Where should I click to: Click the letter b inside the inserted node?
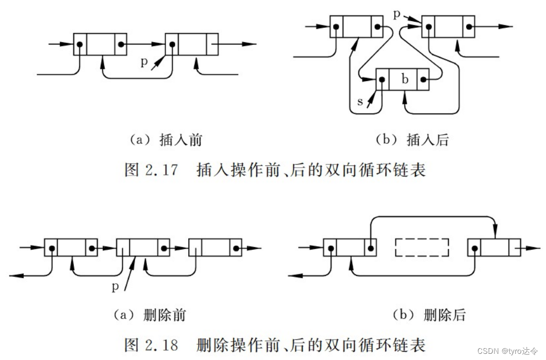click(405, 80)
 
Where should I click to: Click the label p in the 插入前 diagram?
click(144, 62)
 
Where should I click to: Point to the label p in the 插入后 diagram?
click(396, 13)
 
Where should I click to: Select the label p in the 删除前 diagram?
click(115, 287)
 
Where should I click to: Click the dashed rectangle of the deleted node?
click(422, 248)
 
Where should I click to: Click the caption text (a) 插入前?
click(165, 140)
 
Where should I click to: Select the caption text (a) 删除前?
click(149, 315)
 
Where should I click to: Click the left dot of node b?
click(382, 80)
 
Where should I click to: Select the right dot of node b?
click(423, 80)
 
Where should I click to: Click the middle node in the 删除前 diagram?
click(143, 248)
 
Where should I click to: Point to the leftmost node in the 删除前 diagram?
click(71, 248)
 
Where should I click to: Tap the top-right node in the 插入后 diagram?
click(448, 26)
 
